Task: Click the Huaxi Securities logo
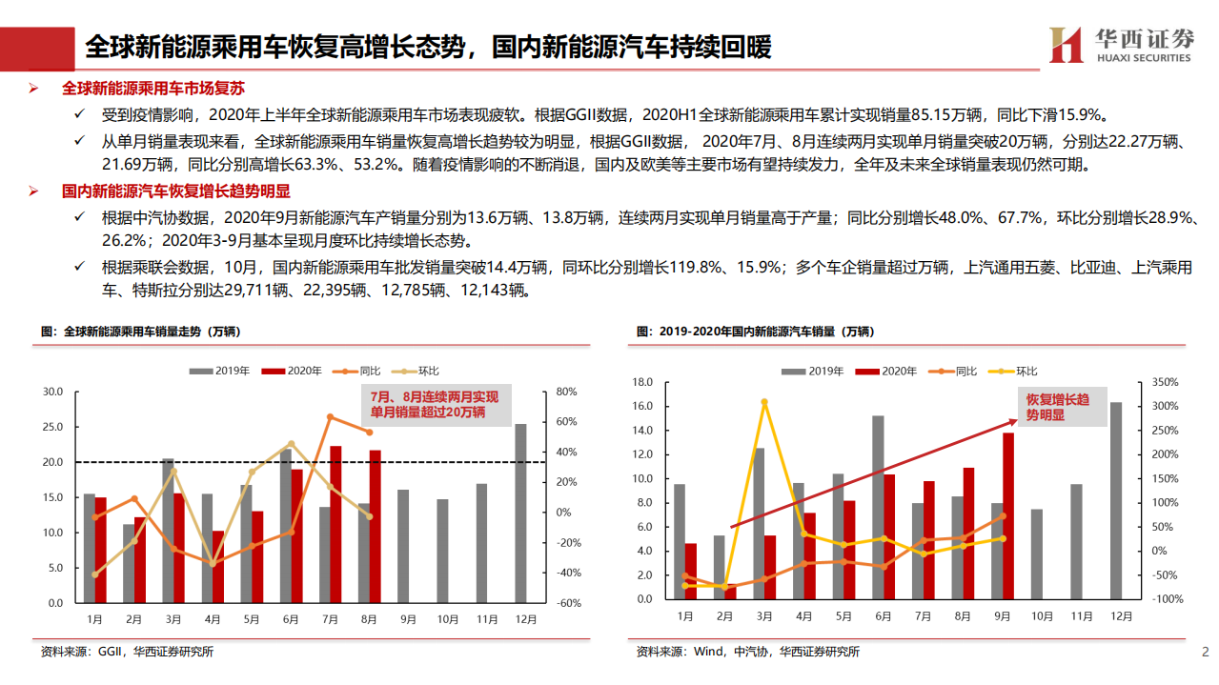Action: [x=1121, y=44]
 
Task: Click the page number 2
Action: [x=1205, y=652]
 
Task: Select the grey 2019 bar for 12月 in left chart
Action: [x=520, y=514]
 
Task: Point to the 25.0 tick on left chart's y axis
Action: [x=52, y=427]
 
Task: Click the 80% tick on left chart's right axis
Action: [x=566, y=392]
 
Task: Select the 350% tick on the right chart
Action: [x=1166, y=382]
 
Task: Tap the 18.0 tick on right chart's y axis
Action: [x=641, y=382]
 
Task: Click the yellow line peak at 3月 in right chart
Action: [x=764, y=402]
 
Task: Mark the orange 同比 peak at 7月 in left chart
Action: [x=330, y=416]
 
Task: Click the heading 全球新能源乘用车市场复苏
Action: [x=153, y=88]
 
